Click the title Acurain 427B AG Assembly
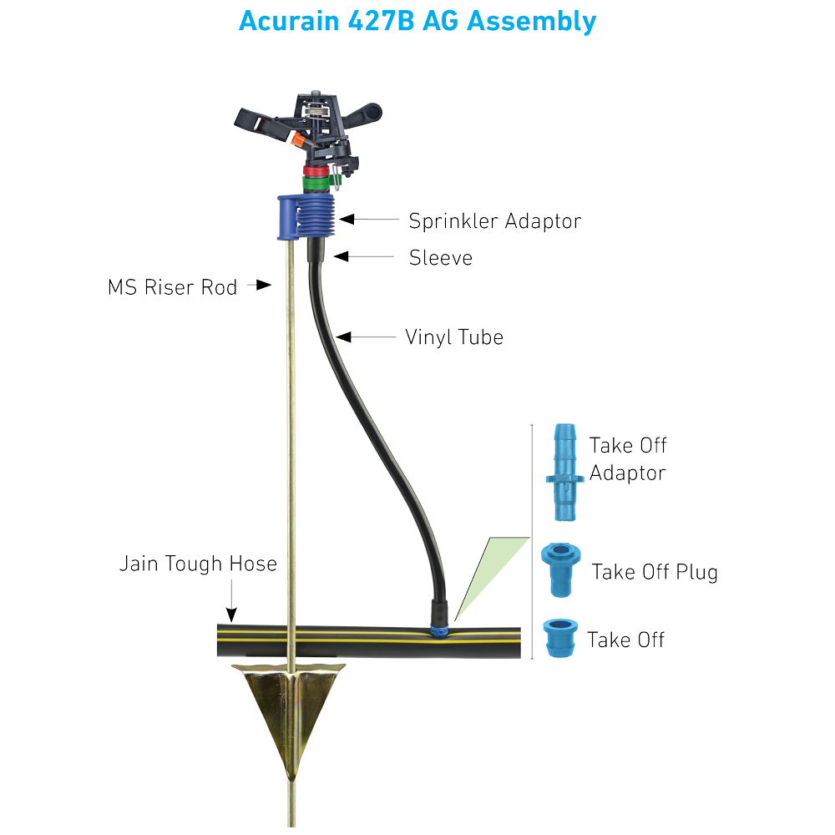417,21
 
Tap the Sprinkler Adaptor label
494,221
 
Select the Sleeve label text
440,258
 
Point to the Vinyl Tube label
454,337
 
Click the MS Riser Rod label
173,287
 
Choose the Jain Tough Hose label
198,564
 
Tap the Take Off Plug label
655,572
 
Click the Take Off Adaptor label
628,458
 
